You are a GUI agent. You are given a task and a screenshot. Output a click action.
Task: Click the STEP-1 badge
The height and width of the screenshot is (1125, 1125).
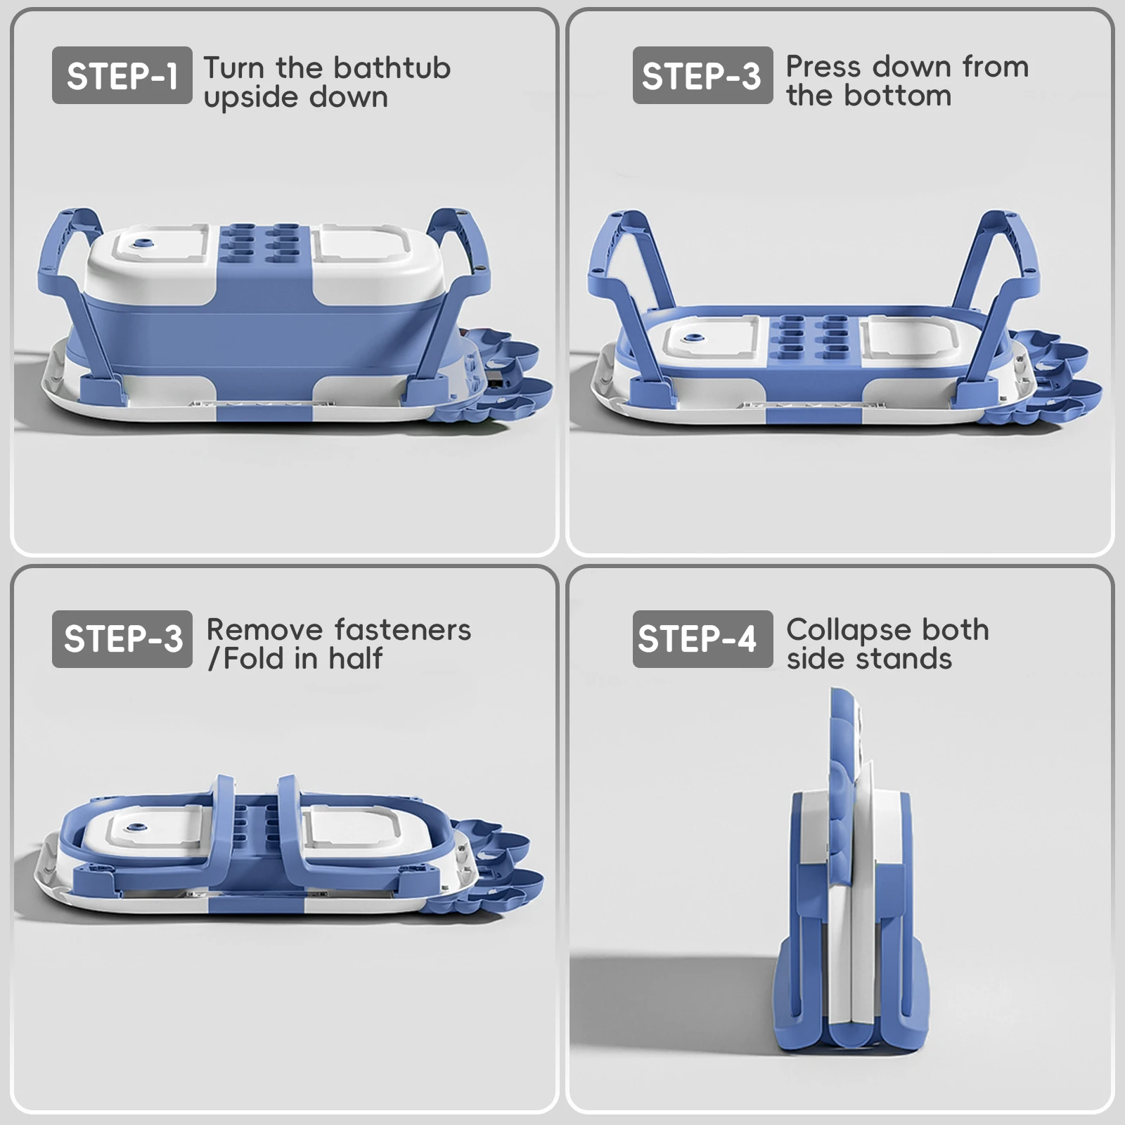click(122, 75)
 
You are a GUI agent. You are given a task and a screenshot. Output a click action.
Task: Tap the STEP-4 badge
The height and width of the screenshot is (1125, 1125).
click(702, 638)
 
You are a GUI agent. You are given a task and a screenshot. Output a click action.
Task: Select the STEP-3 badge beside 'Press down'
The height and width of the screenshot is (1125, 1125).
click(702, 75)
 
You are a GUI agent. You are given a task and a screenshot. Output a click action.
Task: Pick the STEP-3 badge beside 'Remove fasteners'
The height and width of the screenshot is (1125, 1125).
click(122, 638)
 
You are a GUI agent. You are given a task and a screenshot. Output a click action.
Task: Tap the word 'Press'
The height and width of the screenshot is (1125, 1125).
click(823, 67)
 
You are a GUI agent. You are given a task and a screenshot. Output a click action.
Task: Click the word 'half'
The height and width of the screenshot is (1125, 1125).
click(356, 659)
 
